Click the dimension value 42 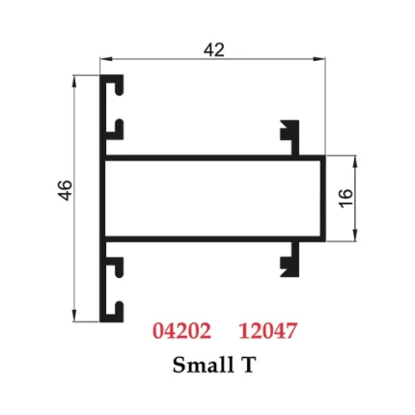click(x=213, y=49)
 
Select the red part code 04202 click(x=181, y=330)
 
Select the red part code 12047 click(x=267, y=330)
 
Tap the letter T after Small click(x=249, y=365)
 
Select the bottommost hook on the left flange click(x=117, y=309)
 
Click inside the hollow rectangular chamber click(x=212, y=197)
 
